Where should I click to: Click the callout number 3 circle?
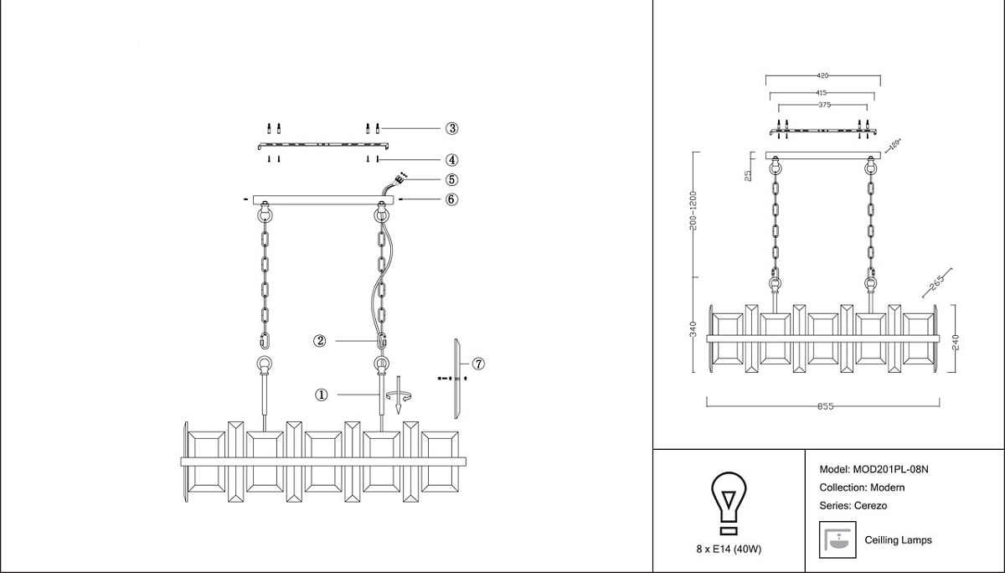tap(451, 128)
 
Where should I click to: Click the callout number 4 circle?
tap(451, 159)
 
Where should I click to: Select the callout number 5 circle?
tap(451, 179)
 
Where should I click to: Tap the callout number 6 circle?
tap(451, 199)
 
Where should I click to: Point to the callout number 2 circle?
tap(319, 341)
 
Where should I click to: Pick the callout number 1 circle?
tap(321, 395)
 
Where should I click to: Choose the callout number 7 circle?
tap(478, 364)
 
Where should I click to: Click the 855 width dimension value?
tap(825, 406)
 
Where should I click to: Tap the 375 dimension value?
tap(825, 106)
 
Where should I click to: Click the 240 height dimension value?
tap(956, 341)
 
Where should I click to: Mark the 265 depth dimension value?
tap(936, 282)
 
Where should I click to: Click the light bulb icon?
tap(727, 502)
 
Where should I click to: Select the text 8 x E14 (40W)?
tap(727, 549)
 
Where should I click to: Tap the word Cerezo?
tap(870, 505)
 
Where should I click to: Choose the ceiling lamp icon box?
tap(837, 540)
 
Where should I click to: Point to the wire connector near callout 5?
tap(401, 178)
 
